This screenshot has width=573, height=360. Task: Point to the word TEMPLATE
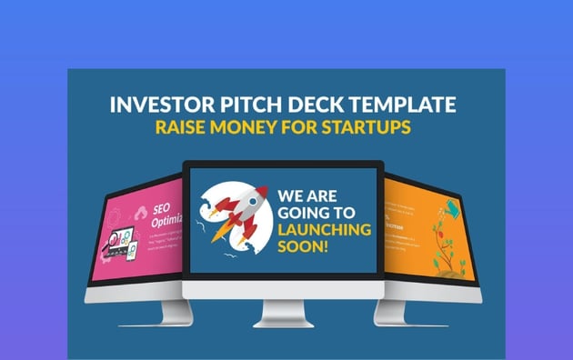[x=398, y=103]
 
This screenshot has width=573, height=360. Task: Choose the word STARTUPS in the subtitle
[x=368, y=128]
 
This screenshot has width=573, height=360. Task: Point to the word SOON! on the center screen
[x=302, y=249]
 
